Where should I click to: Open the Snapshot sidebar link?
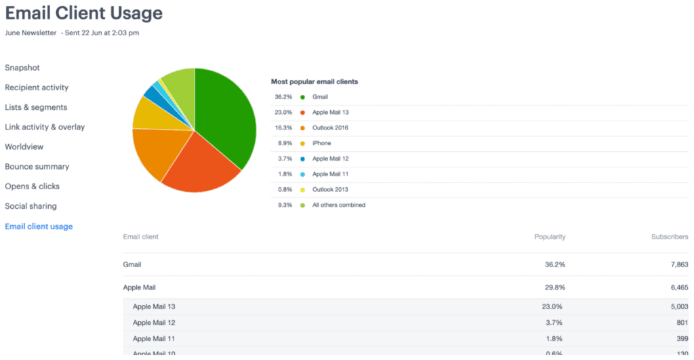point(22,68)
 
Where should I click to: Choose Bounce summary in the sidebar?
point(37,167)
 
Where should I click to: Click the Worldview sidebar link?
point(24,146)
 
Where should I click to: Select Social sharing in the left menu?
point(30,206)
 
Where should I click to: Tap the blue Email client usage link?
point(39,226)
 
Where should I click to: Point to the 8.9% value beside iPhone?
point(283,143)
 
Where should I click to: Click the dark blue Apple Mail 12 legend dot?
point(302,159)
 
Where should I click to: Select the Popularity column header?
point(550,237)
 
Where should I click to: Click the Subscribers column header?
point(669,237)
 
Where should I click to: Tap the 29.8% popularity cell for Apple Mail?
point(554,287)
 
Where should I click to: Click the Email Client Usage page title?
point(84,13)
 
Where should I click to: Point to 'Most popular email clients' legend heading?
point(314,81)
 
